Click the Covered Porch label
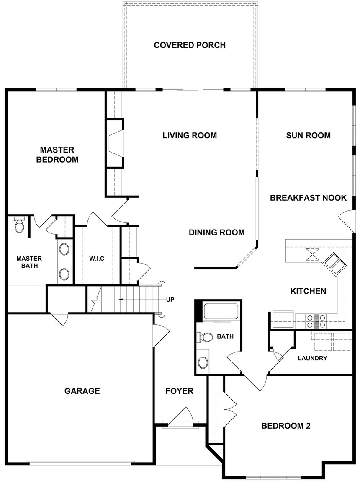(x=190, y=45)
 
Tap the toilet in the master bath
(x=19, y=225)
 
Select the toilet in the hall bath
(x=206, y=337)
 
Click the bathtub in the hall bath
(x=220, y=312)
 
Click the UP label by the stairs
(x=170, y=300)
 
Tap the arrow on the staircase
(x=121, y=299)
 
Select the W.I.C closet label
(x=97, y=259)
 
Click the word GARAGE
(x=82, y=391)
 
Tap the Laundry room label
(x=312, y=358)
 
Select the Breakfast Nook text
(x=308, y=198)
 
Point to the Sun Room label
(x=308, y=135)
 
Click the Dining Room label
(x=216, y=233)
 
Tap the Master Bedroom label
(x=57, y=155)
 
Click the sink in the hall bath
(x=203, y=362)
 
